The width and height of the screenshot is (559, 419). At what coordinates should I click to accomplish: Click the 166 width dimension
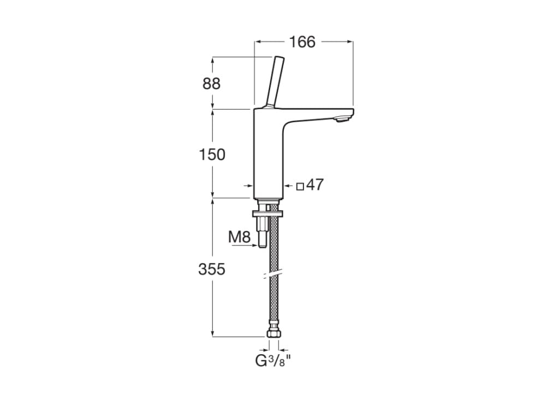coord(302,42)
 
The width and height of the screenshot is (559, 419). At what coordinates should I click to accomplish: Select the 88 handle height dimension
coord(211,83)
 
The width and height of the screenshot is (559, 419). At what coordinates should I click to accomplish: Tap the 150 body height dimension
coord(212,154)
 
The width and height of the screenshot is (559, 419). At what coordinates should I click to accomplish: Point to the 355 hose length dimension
coord(212,269)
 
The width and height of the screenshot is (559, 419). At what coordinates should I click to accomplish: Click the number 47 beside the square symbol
coord(315,185)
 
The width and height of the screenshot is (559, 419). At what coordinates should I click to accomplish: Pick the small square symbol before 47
coord(300,187)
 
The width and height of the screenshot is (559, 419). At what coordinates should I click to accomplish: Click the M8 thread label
coord(240,237)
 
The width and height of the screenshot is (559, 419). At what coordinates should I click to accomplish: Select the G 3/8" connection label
coord(273,361)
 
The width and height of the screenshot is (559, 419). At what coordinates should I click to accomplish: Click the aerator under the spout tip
coord(342,119)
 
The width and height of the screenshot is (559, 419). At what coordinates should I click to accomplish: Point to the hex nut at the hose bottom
coord(273,334)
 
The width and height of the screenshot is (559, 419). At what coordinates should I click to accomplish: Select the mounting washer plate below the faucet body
coord(267,214)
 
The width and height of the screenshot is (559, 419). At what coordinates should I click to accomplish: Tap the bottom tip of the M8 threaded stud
coord(262,247)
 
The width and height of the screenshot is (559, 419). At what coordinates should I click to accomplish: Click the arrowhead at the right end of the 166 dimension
coord(349,41)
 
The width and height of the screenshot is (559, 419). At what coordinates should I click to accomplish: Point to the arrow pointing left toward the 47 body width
coord(289,185)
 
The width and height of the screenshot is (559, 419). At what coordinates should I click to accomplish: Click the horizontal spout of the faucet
coord(317,115)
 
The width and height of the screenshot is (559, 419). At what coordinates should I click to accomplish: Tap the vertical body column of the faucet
coord(268,153)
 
